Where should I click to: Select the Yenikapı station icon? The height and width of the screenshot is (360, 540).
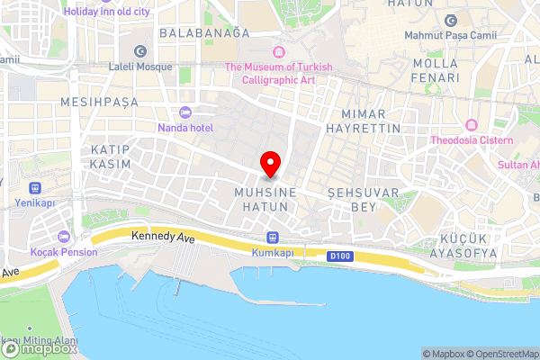coord(36,189)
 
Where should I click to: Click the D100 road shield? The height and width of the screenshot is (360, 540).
coord(338,256)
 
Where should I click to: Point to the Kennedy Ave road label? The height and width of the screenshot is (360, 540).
coord(163,238)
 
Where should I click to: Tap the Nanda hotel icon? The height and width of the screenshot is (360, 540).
coord(185,112)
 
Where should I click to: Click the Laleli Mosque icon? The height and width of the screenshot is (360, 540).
coord(139,51)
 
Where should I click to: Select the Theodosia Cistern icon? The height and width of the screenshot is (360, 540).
coord(472,124)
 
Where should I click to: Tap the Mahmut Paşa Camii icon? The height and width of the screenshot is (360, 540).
coord(451,21)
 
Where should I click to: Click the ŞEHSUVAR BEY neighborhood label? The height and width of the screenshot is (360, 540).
coord(351,200)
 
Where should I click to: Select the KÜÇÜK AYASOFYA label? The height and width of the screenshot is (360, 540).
coord(467,245)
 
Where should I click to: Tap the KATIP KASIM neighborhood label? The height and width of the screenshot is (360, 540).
coord(111,157)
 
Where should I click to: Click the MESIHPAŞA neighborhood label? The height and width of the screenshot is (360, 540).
coord(99,103)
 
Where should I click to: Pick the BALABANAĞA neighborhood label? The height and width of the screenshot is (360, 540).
coord(203,32)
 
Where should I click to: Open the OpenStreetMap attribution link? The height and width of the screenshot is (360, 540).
coord(501,354)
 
